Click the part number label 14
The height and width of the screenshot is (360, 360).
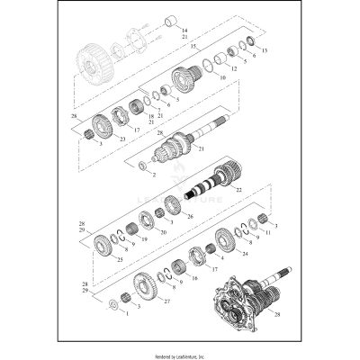(x=185, y=30)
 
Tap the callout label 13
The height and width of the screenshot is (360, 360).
(x=265, y=51)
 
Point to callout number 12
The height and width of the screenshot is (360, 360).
(x=233, y=68)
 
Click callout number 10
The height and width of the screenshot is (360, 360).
(x=222, y=78)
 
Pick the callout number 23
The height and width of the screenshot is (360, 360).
(x=122, y=139)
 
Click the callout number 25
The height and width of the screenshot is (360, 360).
(x=121, y=258)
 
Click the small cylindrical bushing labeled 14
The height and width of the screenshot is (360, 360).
(x=168, y=20)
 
